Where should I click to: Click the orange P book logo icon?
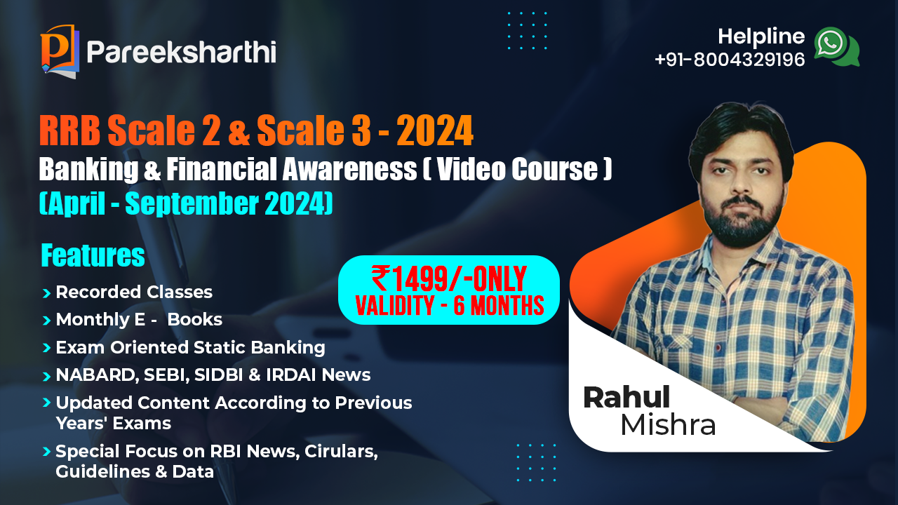pos(60,51)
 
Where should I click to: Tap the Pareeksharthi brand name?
pos(181,52)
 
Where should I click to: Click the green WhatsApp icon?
pos(837,46)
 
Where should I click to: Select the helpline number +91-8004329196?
pos(730,60)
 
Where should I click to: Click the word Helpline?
pos(761,36)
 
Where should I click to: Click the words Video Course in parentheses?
pos(518,169)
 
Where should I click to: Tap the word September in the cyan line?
pos(192,203)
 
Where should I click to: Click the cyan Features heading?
pos(93,255)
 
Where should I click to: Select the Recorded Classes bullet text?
pos(134,292)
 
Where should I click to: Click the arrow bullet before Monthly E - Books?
pos(46,321)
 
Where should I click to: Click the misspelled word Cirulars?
pos(341,452)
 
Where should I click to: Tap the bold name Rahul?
pos(626,397)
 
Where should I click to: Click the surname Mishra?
pos(668,424)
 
